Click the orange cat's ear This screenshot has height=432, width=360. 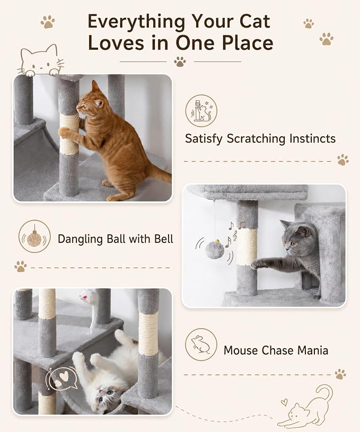(95, 86)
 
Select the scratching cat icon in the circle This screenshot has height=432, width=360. (201, 111)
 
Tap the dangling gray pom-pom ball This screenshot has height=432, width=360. (213, 249)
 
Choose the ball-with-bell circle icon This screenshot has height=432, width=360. (34, 236)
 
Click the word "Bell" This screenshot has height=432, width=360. (164, 239)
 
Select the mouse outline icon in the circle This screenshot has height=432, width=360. (201, 345)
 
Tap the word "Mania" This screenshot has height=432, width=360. (313, 350)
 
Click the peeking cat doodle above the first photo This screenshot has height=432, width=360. (41, 60)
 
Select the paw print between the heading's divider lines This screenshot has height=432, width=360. (180, 61)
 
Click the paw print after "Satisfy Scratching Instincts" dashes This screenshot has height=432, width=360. (343, 160)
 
